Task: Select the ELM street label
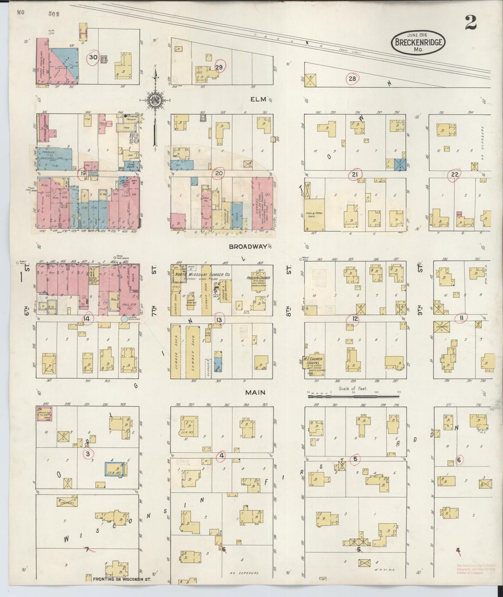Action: [x=259, y=99]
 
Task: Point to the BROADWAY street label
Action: [x=247, y=246]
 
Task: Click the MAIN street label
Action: [x=255, y=392]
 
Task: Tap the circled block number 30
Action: [x=93, y=58]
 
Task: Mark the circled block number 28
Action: [x=352, y=78]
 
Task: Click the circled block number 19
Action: [x=82, y=173]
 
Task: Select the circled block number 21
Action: [x=355, y=174]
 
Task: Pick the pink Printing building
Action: [x=45, y=413]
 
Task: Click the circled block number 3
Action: [x=88, y=454]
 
